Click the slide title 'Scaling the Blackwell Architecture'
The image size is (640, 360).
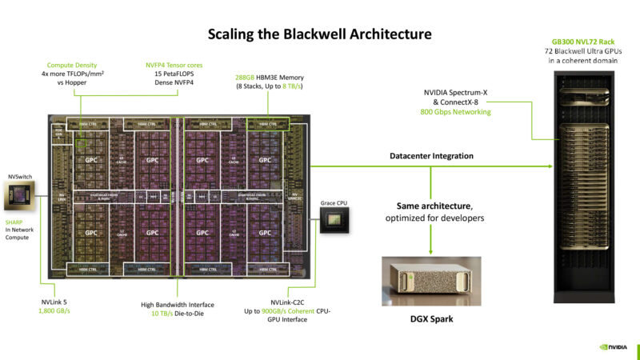pyautogui.click(x=319, y=34)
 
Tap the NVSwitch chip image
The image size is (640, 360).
pyautogui.click(x=20, y=194)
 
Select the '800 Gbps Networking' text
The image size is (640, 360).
pyautogui.click(x=455, y=112)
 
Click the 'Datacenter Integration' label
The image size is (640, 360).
pyautogui.click(x=431, y=155)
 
